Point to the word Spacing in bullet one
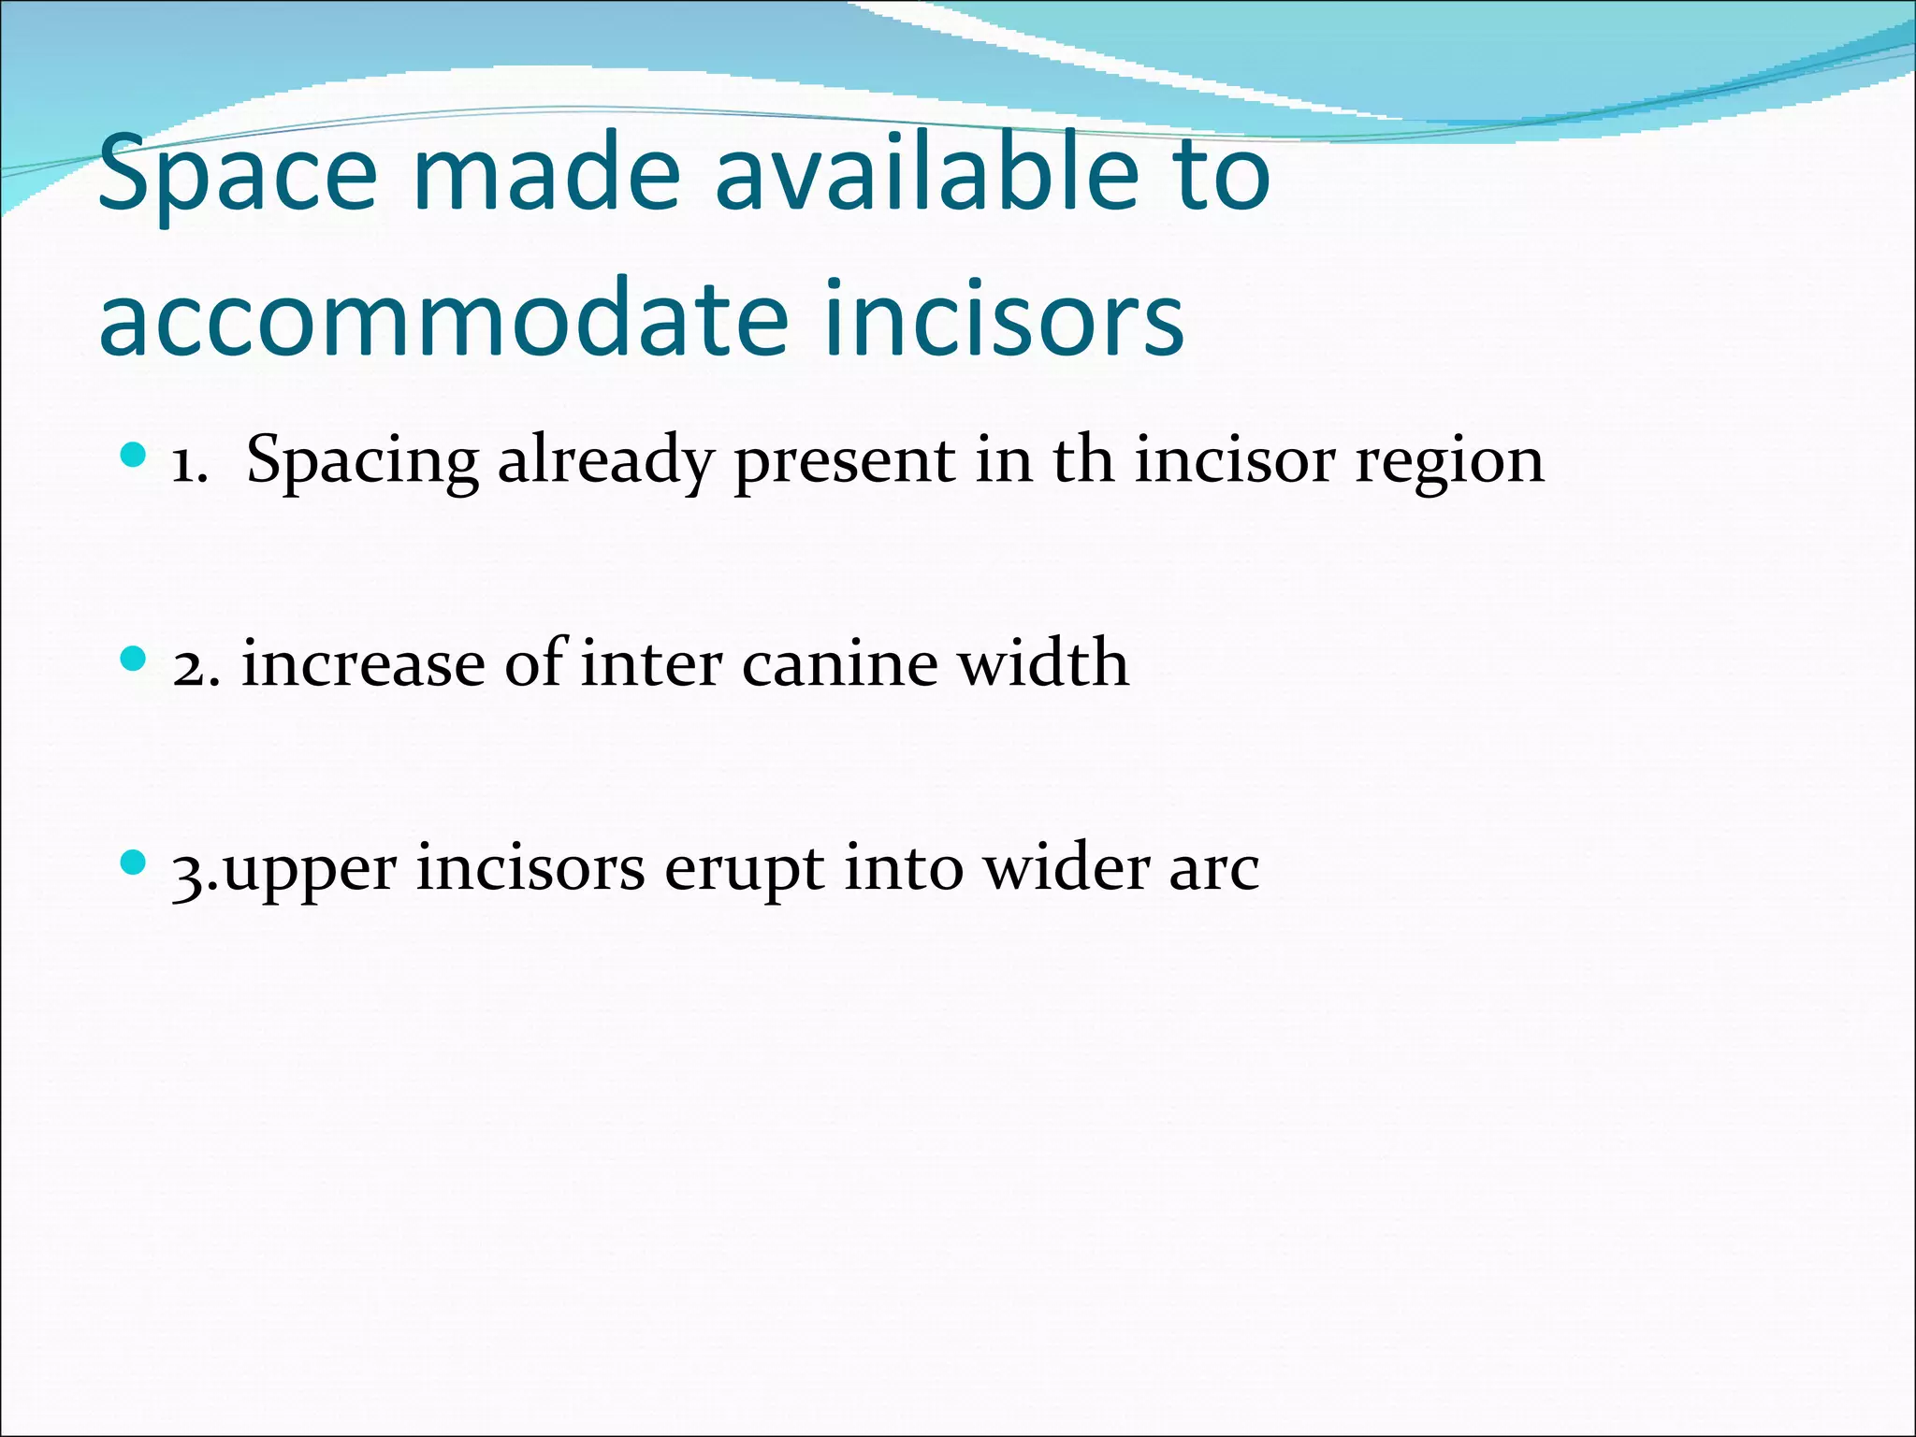[x=362, y=462]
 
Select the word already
[x=606, y=462]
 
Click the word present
[x=846, y=462]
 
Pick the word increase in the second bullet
[x=364, y=663]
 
